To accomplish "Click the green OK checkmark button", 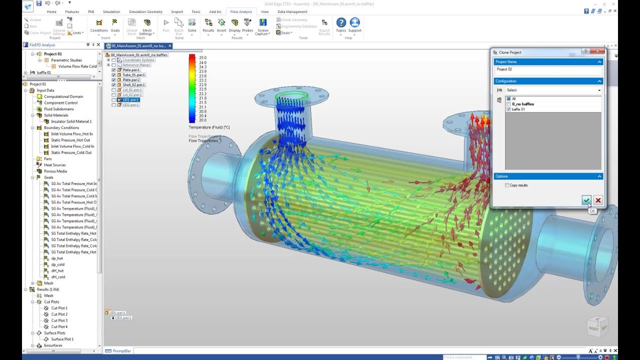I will (x=586, y=200).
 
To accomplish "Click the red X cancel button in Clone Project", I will (x=598, y=200).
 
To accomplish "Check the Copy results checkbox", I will (x=507, y=185).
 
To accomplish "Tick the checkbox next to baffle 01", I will (x=508, y=109).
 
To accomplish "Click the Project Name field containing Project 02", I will (x=547, y=69).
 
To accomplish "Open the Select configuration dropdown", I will (x=552, y=90).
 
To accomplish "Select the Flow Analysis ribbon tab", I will (x=241, y=11).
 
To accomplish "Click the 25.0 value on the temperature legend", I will (x=202, y=58).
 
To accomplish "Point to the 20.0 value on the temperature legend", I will (x=202, y=120).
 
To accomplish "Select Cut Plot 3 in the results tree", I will (x=59, y=320).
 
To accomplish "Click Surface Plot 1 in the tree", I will (x=62, y=339).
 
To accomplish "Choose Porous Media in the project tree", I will (x=55, y=171).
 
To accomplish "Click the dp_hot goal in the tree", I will (x=57, y=258).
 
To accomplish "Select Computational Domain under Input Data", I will (x=63, y=96).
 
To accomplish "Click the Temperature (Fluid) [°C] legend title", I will (x=209, y=127).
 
